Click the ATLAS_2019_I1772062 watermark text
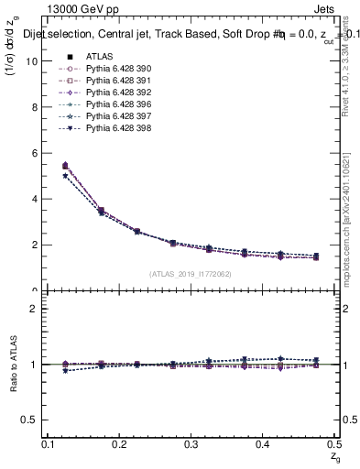point(190,273)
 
